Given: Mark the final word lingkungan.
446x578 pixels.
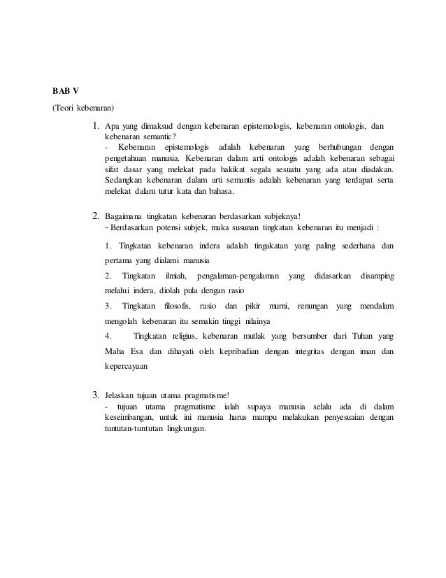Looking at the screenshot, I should coord(185,429).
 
